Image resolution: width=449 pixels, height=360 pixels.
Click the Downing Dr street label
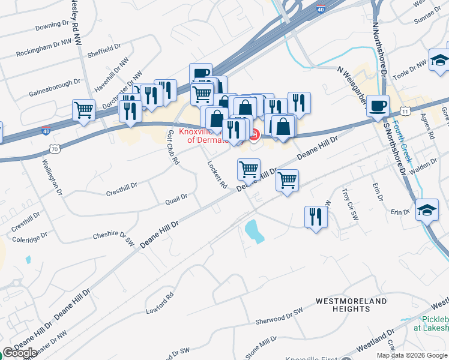[x=52, y=26]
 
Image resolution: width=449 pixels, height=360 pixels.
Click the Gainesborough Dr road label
[x=54, y=88]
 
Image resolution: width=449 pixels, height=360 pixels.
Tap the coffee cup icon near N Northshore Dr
[x=378, y=106]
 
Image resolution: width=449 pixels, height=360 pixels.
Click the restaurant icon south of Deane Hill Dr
[x=315, y=217]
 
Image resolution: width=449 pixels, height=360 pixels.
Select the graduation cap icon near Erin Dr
[x=427, y=210]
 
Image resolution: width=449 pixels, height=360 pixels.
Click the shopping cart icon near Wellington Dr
[x=83, y=110]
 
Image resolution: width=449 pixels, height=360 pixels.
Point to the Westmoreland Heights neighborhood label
[x=352, y=304]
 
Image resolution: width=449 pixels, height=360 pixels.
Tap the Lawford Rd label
[x=159, y=304]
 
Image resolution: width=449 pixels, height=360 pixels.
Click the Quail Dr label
[x=176, y=199]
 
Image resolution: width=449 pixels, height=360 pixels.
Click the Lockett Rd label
[x=217, y=174]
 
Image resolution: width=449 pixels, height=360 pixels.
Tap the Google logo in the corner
[x=20, y=353]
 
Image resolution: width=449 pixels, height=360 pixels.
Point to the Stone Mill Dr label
[x=261, y=345]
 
